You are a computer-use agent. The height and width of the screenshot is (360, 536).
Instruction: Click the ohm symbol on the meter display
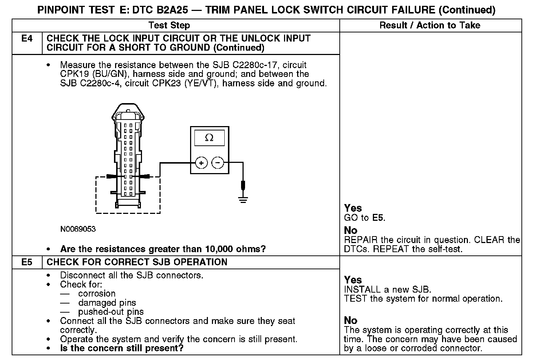point(209,138)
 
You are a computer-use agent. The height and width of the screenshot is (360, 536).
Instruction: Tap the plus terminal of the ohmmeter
point(201,163)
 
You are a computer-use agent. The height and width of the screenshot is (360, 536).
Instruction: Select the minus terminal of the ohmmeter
point(218,163)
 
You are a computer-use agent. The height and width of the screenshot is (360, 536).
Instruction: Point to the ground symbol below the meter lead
point(243,199)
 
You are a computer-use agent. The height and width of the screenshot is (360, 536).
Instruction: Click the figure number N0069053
point(78,229)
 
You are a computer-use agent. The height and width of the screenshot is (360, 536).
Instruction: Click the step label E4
point(27,39)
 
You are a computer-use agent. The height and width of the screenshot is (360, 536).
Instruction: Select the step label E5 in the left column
point(27,262)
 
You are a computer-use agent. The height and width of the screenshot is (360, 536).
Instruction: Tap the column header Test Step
point(169,25)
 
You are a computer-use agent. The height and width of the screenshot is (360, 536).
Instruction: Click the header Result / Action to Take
point(430,25)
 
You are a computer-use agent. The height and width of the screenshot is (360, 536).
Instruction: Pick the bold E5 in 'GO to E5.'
point(378,218)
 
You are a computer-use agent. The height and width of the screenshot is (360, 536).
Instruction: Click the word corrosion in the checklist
point(97,294)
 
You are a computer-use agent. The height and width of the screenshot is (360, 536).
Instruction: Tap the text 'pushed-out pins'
point(111,312)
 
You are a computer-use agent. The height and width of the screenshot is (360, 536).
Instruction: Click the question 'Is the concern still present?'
point(122,348)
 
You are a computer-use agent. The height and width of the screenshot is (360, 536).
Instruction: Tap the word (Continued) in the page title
point(467,10)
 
